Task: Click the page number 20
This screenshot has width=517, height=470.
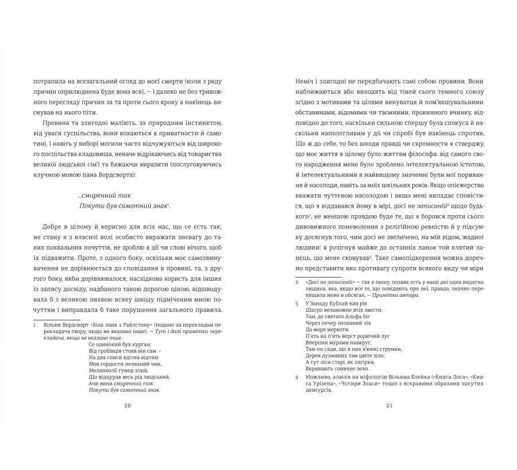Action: (x=128, y=406)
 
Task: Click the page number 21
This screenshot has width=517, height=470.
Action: (x=389, y=406)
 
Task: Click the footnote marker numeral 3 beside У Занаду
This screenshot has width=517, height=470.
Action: (x=296, y=303)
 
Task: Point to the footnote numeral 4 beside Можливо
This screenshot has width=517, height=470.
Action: (x=296, y=377)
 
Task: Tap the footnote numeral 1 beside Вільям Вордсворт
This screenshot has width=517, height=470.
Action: (x=35, y=324)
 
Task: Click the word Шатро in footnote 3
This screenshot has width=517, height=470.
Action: (x=314, y=310)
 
